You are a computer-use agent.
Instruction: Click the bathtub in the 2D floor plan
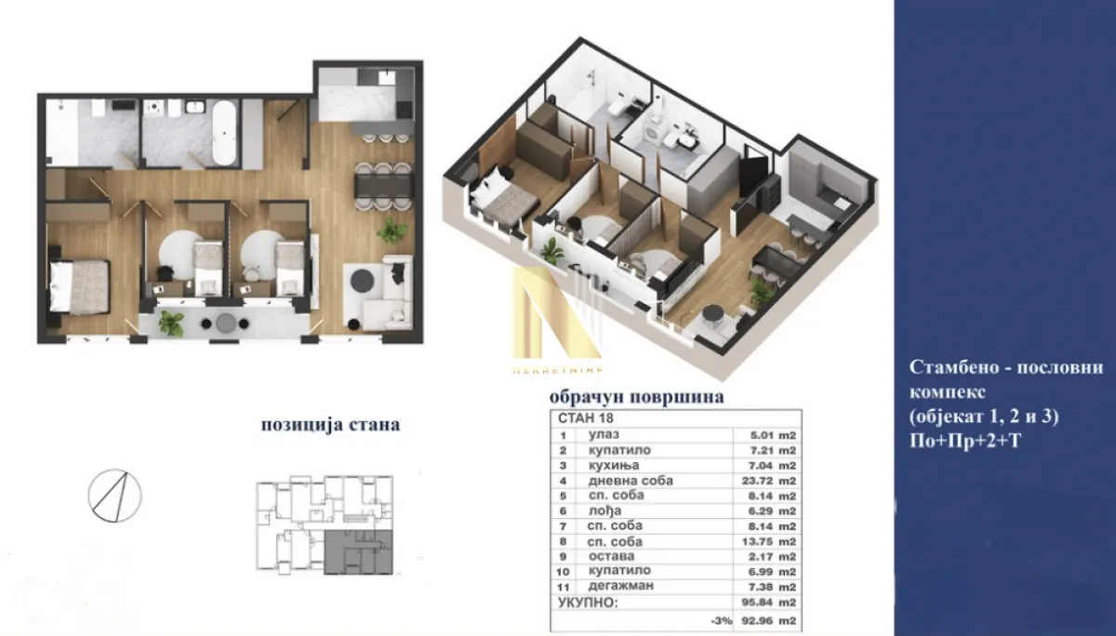point(224,133)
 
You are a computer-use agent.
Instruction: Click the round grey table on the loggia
point(227,323)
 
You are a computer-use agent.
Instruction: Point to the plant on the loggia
point(171,322)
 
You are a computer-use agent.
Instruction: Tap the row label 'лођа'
point(604,510)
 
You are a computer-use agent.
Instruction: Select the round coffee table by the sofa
point(361,278)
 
